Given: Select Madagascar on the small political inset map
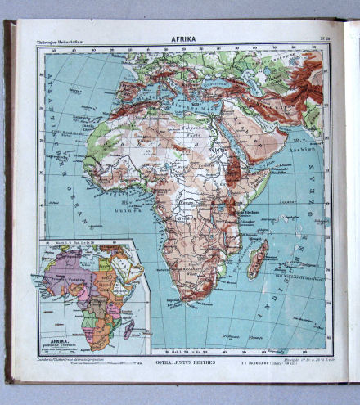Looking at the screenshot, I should point(129,328).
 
